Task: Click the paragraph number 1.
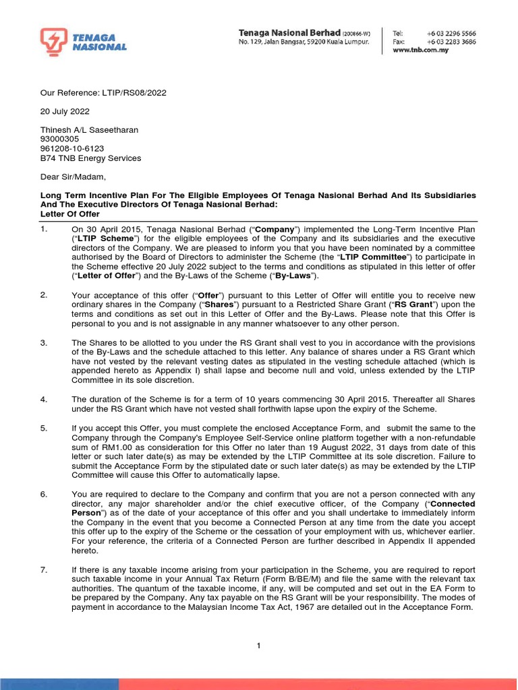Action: coord(43,230)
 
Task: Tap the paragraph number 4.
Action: coord(43,399)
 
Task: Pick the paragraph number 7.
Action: coord(43,570)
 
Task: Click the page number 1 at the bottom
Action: coord(258,646)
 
